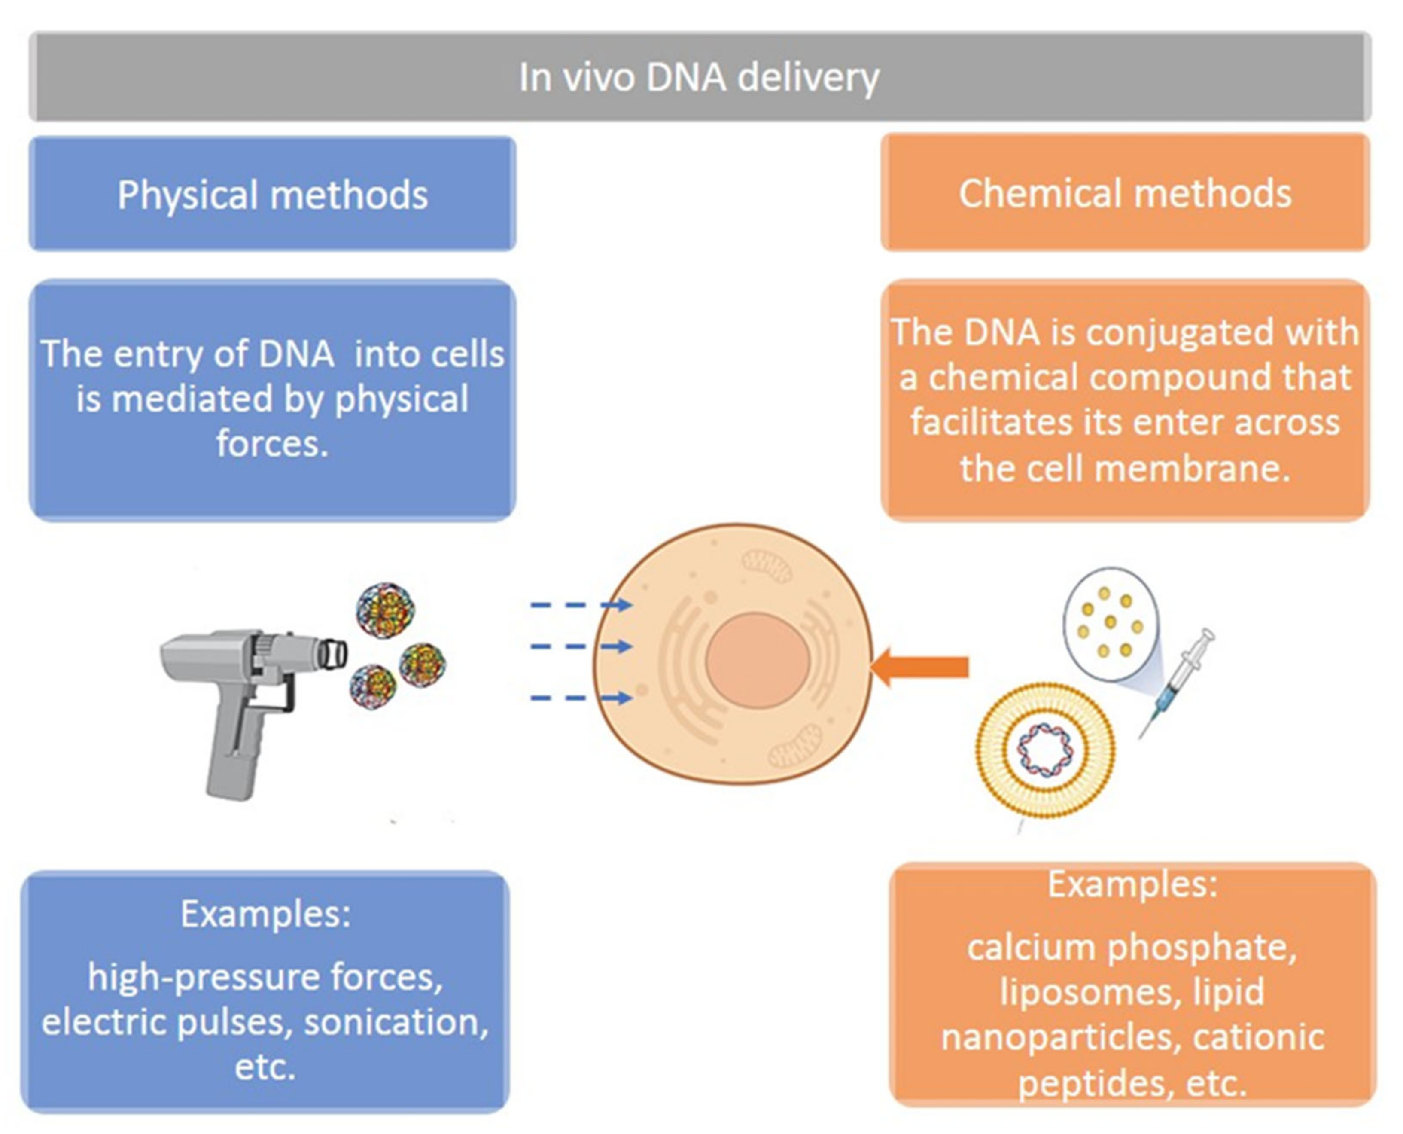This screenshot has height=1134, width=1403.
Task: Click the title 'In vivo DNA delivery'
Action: click(699, 77)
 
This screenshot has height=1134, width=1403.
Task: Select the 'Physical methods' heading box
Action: click(272, 194)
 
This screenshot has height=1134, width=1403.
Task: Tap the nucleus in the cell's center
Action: click(758, 660)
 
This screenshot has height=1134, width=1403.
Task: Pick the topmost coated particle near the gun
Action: click(385, 611)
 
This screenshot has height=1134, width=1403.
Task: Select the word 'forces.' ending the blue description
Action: click(272, 444)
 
